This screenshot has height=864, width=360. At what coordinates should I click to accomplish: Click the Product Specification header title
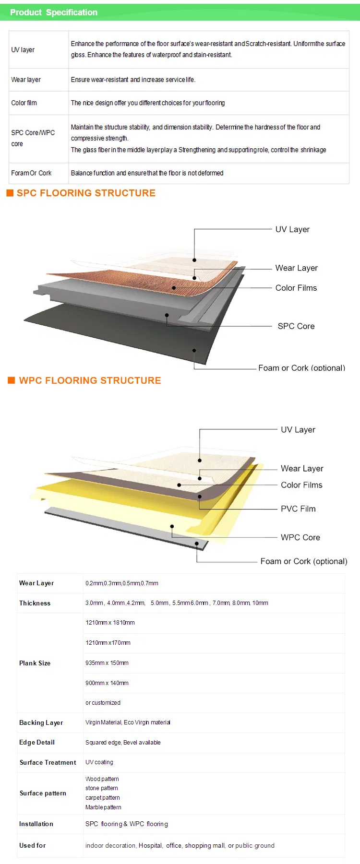click(54, 12)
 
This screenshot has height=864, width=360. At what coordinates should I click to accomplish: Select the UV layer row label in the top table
click(23, 50)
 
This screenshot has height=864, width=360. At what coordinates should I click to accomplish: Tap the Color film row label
click(24, 103)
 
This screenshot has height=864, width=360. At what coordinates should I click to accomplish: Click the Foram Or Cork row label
click(31, 173)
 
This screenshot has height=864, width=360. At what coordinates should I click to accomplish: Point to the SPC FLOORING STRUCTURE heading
click(86, 193)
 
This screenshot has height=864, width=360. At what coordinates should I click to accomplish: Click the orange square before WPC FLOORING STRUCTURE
click(12, 380)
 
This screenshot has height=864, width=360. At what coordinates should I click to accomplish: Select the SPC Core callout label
click(296, 326)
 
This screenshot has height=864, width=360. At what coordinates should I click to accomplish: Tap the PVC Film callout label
click(298, 509)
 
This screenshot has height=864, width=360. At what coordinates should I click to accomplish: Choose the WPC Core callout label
click(300, 538)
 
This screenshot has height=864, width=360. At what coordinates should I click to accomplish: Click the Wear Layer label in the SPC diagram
click(296, 268)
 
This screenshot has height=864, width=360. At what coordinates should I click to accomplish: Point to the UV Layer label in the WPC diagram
click(298, 430)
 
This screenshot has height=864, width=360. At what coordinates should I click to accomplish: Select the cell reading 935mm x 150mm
click(107, 663)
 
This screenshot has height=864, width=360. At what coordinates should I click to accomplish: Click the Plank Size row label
click(35, 663)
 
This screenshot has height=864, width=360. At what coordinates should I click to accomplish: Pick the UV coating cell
click(99, 762)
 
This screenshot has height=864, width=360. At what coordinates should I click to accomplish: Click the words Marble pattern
click(103, 807)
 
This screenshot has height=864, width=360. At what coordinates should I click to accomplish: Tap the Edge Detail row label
click(37, 743)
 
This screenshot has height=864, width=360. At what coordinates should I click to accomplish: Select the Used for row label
click(32, 845)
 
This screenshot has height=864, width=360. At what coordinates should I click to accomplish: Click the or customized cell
click(103, 703)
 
